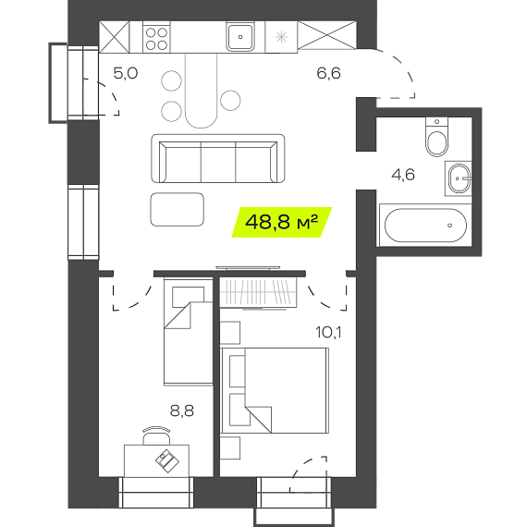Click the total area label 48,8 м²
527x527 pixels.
click(282, 222)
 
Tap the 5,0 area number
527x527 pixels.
click(126, 73)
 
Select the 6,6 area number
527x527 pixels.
click(329, 73)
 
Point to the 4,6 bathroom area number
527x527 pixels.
click(403, 175)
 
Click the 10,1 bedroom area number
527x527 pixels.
click(328, 333)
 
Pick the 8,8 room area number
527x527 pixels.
click(182, 411)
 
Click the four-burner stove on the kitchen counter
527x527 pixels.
click(156, 37)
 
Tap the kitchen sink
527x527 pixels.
click(240, 37)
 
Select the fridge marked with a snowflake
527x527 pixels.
click(281, 37)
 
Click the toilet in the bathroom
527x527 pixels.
click(436, 137)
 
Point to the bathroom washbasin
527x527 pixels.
click(459, 178)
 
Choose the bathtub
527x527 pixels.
click(425, 226)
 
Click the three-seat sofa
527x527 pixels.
click(218, 159)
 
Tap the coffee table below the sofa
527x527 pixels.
click(178, 209)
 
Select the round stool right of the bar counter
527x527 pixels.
click(230, 101)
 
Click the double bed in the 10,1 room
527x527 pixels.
click(275, 390)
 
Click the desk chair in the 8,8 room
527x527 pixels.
click(156, 435)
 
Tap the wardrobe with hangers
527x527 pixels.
click(258, 292)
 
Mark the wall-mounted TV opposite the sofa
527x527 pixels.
click(248, 268)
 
